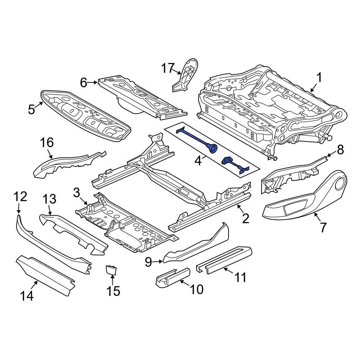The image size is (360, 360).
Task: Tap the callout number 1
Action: point(319,77)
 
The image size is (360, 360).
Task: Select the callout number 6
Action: point(84,83)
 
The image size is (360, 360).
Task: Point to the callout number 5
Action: point(32,109)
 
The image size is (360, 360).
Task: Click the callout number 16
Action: point(47,143)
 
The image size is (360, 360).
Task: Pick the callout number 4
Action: point(198,160)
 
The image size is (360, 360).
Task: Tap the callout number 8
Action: point(340,149)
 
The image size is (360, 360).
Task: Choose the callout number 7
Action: point(323,227)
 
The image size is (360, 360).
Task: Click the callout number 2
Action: point(246,218)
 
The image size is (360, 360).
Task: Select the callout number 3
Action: point(76,192)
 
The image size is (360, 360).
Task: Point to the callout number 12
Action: point(21,197)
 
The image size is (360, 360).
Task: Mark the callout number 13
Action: point(50,199)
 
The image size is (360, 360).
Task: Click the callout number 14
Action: point(27,296)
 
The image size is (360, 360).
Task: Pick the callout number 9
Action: point(148,262)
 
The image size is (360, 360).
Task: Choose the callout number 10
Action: point(197,289)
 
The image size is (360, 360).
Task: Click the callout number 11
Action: point(240,277)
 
